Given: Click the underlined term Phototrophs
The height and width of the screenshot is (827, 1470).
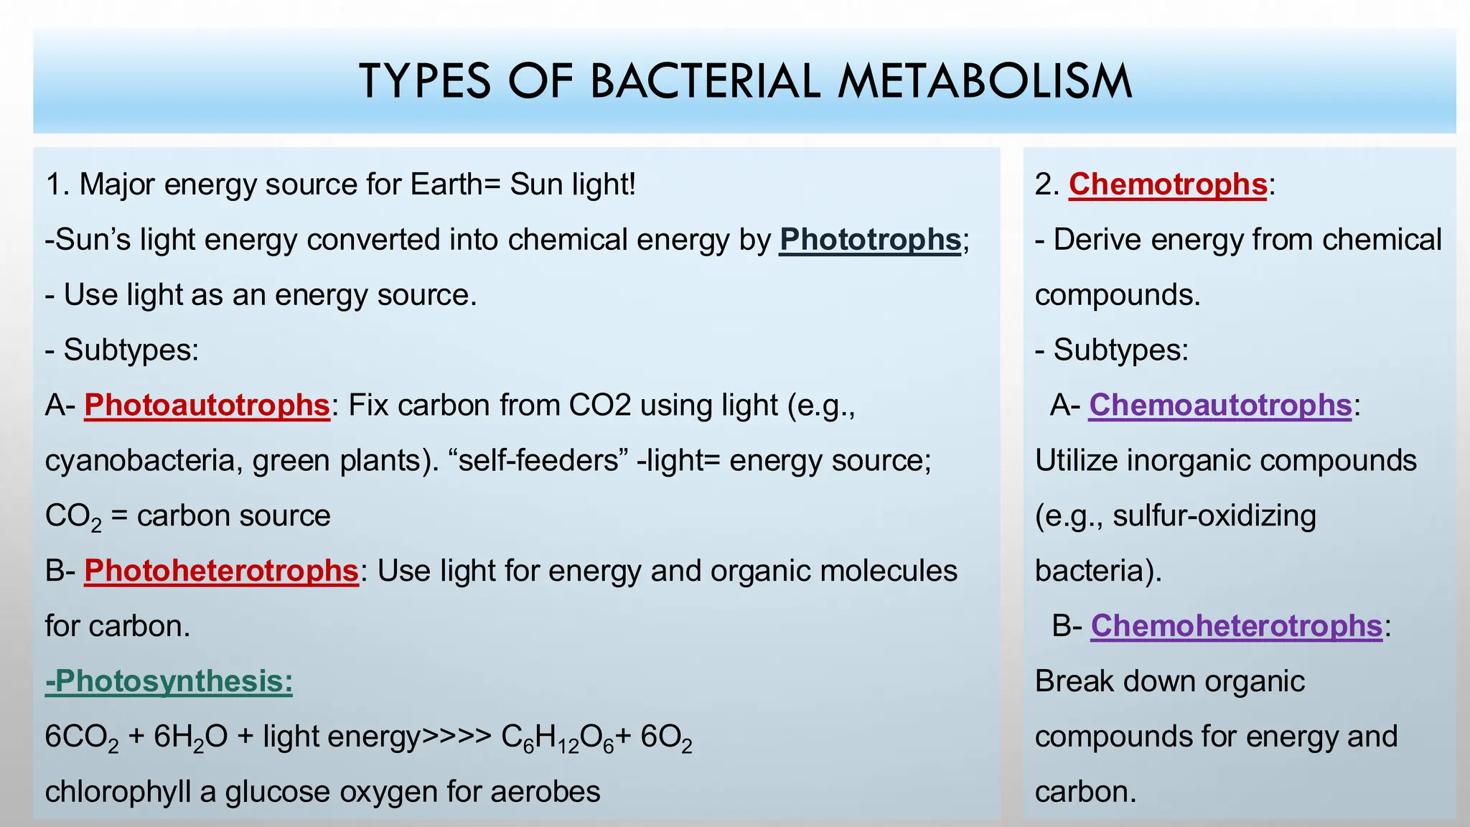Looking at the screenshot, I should (x=870, y=240).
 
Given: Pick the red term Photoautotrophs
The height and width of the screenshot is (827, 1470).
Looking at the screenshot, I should (x=207, y=406).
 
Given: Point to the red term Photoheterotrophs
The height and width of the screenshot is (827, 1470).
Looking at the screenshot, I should (x=221, y=571).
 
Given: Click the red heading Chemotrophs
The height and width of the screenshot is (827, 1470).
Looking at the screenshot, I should (x=1168, y=184).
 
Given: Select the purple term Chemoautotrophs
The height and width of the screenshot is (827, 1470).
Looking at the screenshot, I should (x=1220, y=406).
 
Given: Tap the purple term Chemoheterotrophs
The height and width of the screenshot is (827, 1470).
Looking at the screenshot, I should (x=1236, y=626).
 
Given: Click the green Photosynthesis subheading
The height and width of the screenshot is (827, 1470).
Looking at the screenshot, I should (x=169, y=681).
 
